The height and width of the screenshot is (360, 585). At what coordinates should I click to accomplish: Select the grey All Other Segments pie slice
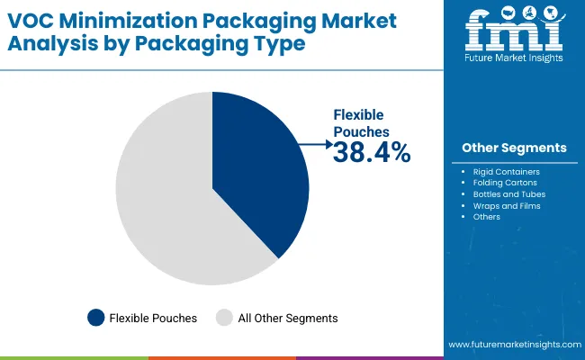click(162, 198)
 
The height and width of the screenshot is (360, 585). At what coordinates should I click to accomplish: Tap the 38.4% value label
click(372, 153)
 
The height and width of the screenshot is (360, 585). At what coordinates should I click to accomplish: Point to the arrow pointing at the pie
click(316, 143)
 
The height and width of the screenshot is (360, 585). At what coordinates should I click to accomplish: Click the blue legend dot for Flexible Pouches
click(94, 317)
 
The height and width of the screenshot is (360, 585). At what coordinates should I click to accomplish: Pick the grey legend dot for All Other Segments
click(225, 317)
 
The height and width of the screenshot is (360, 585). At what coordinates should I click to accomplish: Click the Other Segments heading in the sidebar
click(514, 148)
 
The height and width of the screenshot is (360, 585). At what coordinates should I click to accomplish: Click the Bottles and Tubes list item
click(509, 193)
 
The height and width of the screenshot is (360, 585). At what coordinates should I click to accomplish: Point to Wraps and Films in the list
click(507, 205)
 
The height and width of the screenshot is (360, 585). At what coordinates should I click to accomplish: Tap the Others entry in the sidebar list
click(487, 217)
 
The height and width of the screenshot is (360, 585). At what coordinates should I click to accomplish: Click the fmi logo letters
click(514, 32)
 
